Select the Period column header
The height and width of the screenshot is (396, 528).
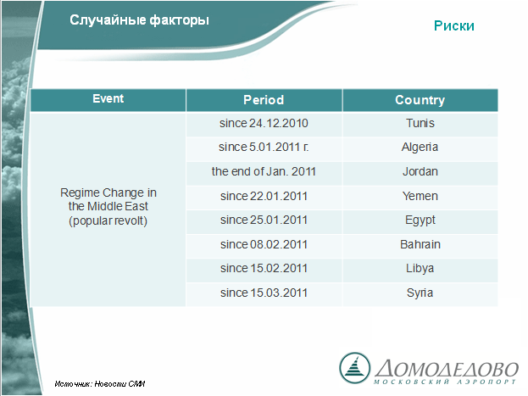click(x=264, y=100)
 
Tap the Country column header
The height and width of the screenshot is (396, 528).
click(x=420, y=100)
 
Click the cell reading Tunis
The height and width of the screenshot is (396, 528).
click(x=420, y=123)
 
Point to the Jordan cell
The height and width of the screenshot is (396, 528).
click(x=420, y=171)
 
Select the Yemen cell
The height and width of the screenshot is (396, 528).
click(x=420, y=196)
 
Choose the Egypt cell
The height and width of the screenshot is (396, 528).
click(x=420, y=220)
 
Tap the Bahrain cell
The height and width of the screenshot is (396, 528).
click(x=420, y=244)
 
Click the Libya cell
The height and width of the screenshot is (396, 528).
click(x=420, y=269)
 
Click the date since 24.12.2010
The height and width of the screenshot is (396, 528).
click(x=264, y=123)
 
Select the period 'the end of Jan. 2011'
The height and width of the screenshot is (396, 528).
click(x=264, y=171)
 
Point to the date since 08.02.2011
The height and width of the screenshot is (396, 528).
click(x=264, y=244)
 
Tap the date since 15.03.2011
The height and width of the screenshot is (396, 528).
click(x=264, y=293)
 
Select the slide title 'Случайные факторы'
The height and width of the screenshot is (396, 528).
click(x=139, y=20)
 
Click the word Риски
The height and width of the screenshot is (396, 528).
click(x=454, y=26)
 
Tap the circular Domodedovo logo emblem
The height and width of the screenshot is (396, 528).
click(x=354, y=368)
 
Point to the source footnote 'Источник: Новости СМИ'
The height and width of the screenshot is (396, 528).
click(x=100, y=383)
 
